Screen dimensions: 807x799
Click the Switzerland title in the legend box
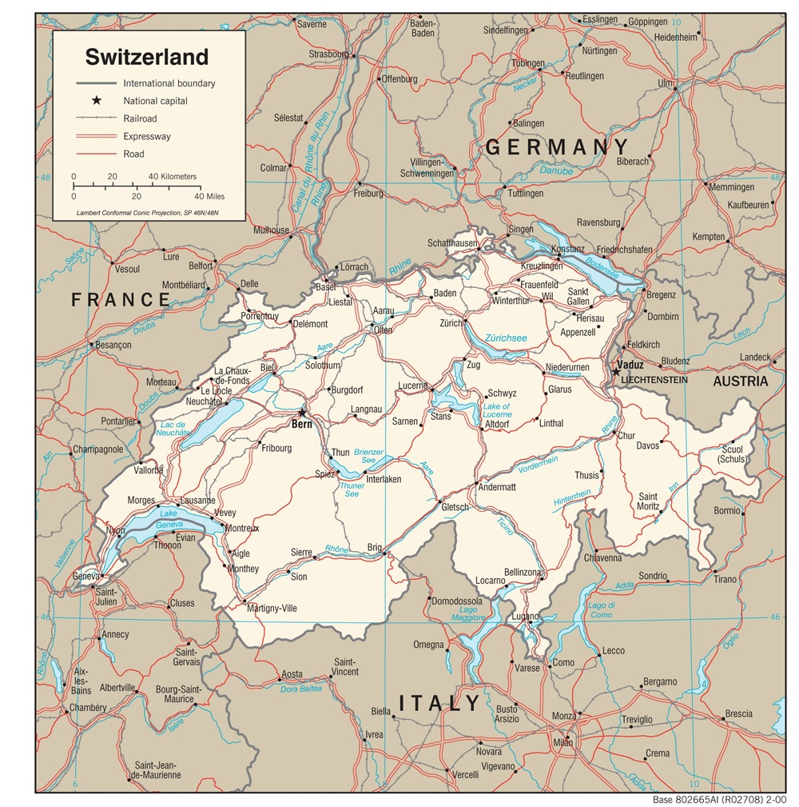coord(147,57)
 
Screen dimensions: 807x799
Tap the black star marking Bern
coord(302,413)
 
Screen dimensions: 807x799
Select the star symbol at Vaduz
coord(616,370)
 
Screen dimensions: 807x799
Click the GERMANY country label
coord(557,147)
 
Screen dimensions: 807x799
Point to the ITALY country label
coord(440,704)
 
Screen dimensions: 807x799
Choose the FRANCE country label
coord(121,300)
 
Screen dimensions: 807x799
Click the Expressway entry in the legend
coord(146,136)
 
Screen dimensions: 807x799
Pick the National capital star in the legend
coord(97,101)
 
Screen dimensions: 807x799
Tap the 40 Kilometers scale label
coord(172,177)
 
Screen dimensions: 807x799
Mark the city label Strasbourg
coord(328,54)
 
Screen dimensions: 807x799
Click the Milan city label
coord(563,743)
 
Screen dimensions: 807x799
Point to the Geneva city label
coord(85,576)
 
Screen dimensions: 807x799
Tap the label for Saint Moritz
coord(648,501)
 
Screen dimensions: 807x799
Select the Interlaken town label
coord(383,480)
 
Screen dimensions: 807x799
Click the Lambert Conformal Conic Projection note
coord(147,213)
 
